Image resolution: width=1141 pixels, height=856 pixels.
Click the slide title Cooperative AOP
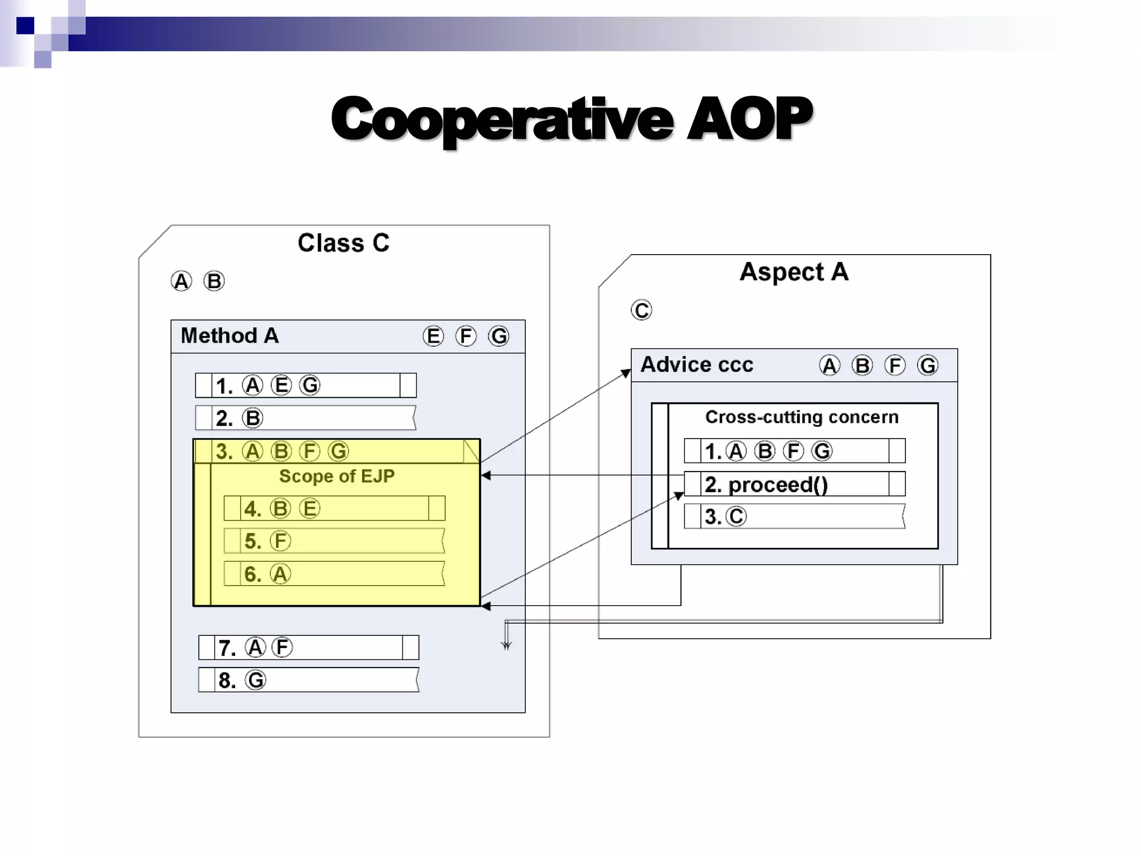coord(572,119)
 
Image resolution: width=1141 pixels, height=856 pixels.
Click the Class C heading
coord(343,243)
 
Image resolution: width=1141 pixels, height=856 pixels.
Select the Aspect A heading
coord(793,272)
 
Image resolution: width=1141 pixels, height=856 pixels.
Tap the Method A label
coord(230,335)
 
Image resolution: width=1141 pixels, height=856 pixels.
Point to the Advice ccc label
coord(696,364)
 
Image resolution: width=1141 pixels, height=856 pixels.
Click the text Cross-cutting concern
coord(802,417)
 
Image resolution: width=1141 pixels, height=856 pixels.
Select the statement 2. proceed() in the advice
coord(766,484)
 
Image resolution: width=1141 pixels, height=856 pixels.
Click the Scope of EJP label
coord(337,476)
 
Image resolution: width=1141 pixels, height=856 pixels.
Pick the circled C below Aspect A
coord(641,310)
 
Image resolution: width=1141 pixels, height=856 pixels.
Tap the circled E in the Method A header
coord(433,336)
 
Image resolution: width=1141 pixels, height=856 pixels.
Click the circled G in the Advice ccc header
coord(928,366)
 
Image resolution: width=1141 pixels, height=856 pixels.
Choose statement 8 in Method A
coord(308,680)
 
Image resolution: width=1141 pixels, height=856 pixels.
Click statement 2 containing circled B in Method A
coord(305,418)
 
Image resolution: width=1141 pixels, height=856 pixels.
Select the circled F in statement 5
coord(280,541)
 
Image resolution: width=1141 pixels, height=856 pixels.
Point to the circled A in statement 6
coord(280,574)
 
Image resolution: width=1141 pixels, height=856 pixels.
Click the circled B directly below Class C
coord(214,281)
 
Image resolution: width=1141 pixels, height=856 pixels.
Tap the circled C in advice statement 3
coord(736,517)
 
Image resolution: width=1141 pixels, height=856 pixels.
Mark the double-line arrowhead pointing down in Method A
coord(506,645)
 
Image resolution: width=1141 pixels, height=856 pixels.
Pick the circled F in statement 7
coord(282,648)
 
